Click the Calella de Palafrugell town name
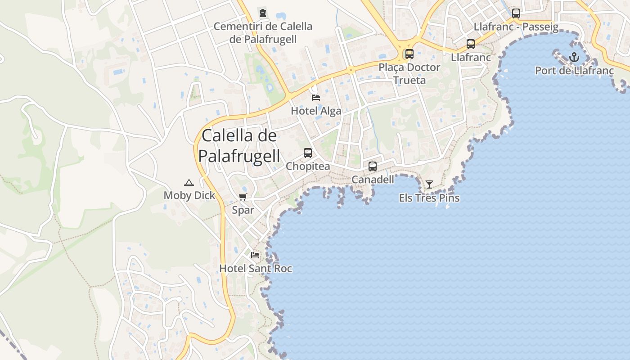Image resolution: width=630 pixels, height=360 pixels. [x=239, y=146]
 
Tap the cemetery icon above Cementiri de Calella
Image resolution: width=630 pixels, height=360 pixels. [x=263, y=13]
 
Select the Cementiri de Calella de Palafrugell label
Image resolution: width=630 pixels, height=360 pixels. [x=263, y=33]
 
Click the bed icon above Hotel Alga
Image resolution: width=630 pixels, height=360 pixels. [x=316, y=97]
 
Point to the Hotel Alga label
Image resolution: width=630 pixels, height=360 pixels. [x=316, y=111]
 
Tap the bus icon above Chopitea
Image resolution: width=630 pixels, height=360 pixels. [x=308, y=153]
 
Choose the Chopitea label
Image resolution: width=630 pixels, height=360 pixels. [x=308, y=166]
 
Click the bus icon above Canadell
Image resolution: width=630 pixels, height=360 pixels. [x=373, y=166]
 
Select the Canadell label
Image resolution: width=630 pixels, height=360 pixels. [x=373, y=180]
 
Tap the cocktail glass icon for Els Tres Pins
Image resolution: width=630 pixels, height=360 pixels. [x=429, y=184]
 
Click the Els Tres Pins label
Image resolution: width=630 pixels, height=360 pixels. [x=429, y=198]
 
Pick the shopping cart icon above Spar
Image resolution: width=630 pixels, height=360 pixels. [x=243, y=197]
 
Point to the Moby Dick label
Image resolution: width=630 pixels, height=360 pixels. [x=189, y=195]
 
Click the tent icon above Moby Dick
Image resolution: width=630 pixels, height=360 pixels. [x=189, y=183]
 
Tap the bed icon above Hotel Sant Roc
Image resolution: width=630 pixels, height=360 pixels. [x=255, y=255]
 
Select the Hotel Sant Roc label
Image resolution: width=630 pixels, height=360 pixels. [x=256, y=269]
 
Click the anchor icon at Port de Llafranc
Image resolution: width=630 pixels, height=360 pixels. [x=574, y=57]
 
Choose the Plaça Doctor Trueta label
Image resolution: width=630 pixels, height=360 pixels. [x=409, y=74]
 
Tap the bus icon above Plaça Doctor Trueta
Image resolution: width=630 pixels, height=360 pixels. [x=409, y=54]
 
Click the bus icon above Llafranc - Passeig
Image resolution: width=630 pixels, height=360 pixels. [x=516, y=13]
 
